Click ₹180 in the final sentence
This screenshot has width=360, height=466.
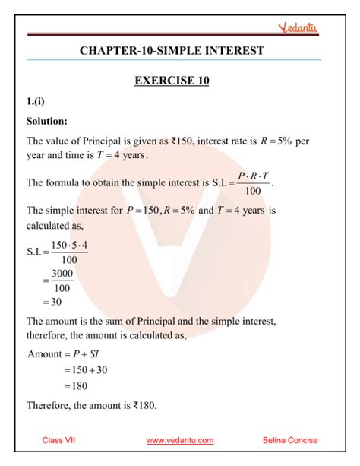coord(142,405)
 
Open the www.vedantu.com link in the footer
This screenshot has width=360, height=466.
coord(179,440)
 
